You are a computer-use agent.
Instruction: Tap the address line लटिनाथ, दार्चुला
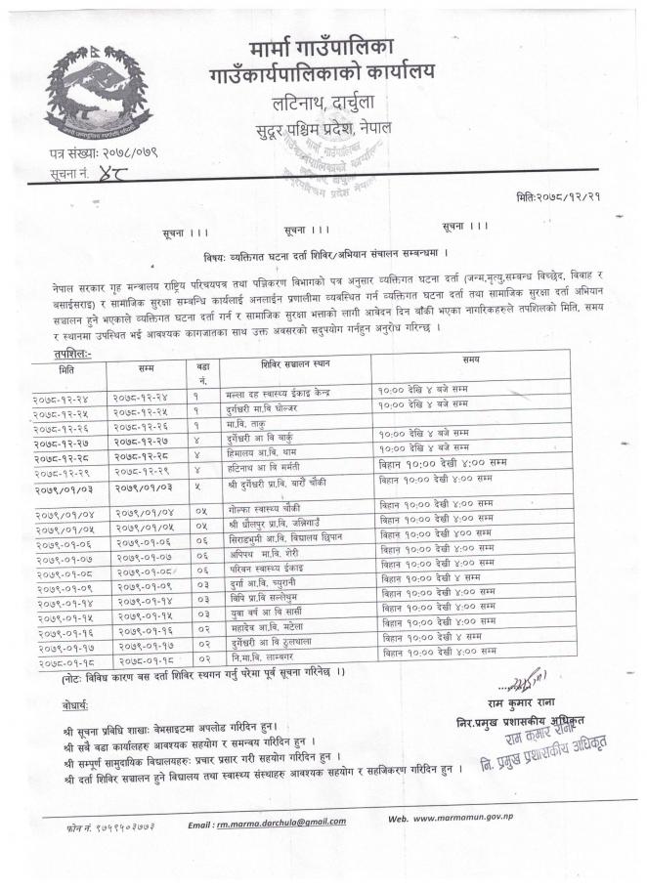(322, 102)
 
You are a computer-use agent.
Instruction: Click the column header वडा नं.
(203, 370)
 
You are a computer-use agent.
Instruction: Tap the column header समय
(478, 362)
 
